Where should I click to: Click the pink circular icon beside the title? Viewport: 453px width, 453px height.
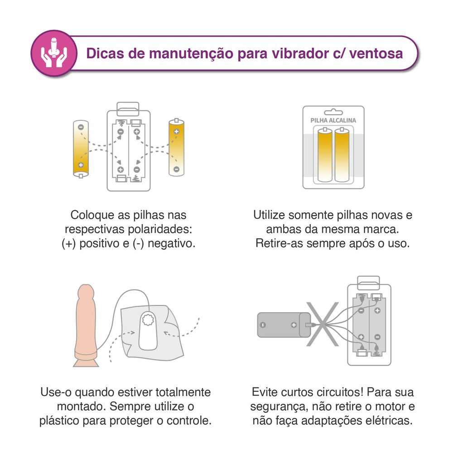point(54,53)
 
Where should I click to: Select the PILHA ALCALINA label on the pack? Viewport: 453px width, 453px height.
point(333,120)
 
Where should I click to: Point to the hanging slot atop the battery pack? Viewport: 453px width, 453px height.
point(333,112)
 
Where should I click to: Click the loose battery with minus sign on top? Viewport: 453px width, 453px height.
point(81,149)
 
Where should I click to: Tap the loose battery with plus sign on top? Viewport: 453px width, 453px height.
point(176,147)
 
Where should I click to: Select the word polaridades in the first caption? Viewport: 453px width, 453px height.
point(160,229)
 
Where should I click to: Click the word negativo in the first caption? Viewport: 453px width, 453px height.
point(171,244)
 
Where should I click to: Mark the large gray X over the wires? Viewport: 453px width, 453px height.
point(323,324)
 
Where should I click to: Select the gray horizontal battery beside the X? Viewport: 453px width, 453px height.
point(284,325)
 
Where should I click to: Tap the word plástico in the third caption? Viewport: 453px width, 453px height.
point(59,421)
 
